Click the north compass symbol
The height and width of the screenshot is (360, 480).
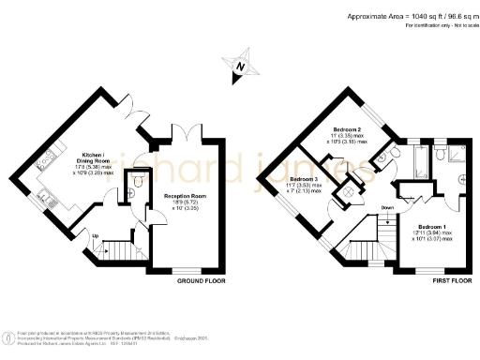(239, 65)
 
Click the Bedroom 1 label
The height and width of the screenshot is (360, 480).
(431, 232)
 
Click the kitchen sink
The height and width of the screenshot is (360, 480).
(44, 198)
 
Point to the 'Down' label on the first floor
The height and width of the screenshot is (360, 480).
(387, 207)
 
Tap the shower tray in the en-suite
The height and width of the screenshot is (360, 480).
(457, 154)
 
